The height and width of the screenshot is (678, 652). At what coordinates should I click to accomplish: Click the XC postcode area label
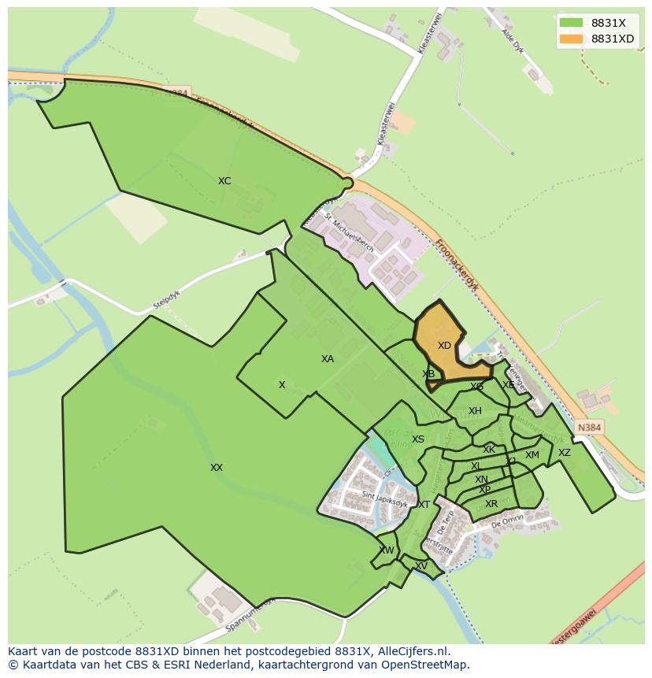224,181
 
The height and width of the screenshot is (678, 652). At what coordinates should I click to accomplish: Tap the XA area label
328,359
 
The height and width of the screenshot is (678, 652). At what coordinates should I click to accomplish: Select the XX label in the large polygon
217,468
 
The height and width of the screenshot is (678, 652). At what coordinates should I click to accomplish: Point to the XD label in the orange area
444,346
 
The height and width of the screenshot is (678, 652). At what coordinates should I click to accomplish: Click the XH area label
475,411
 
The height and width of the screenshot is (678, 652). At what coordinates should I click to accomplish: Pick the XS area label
418,439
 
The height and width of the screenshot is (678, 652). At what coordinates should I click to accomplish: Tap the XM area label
532,455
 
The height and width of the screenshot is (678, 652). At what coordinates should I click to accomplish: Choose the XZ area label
565,453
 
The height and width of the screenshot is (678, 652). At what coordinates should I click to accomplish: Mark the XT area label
424,505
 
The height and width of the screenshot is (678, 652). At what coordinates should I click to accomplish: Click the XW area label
387,550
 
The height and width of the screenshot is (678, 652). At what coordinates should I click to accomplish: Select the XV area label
421,566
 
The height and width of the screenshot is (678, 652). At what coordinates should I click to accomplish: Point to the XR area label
491,504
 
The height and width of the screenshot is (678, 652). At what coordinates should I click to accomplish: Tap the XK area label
489,450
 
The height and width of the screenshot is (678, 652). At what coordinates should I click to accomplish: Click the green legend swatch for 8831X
571,23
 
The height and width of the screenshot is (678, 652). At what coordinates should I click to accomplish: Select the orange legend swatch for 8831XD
571,39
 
